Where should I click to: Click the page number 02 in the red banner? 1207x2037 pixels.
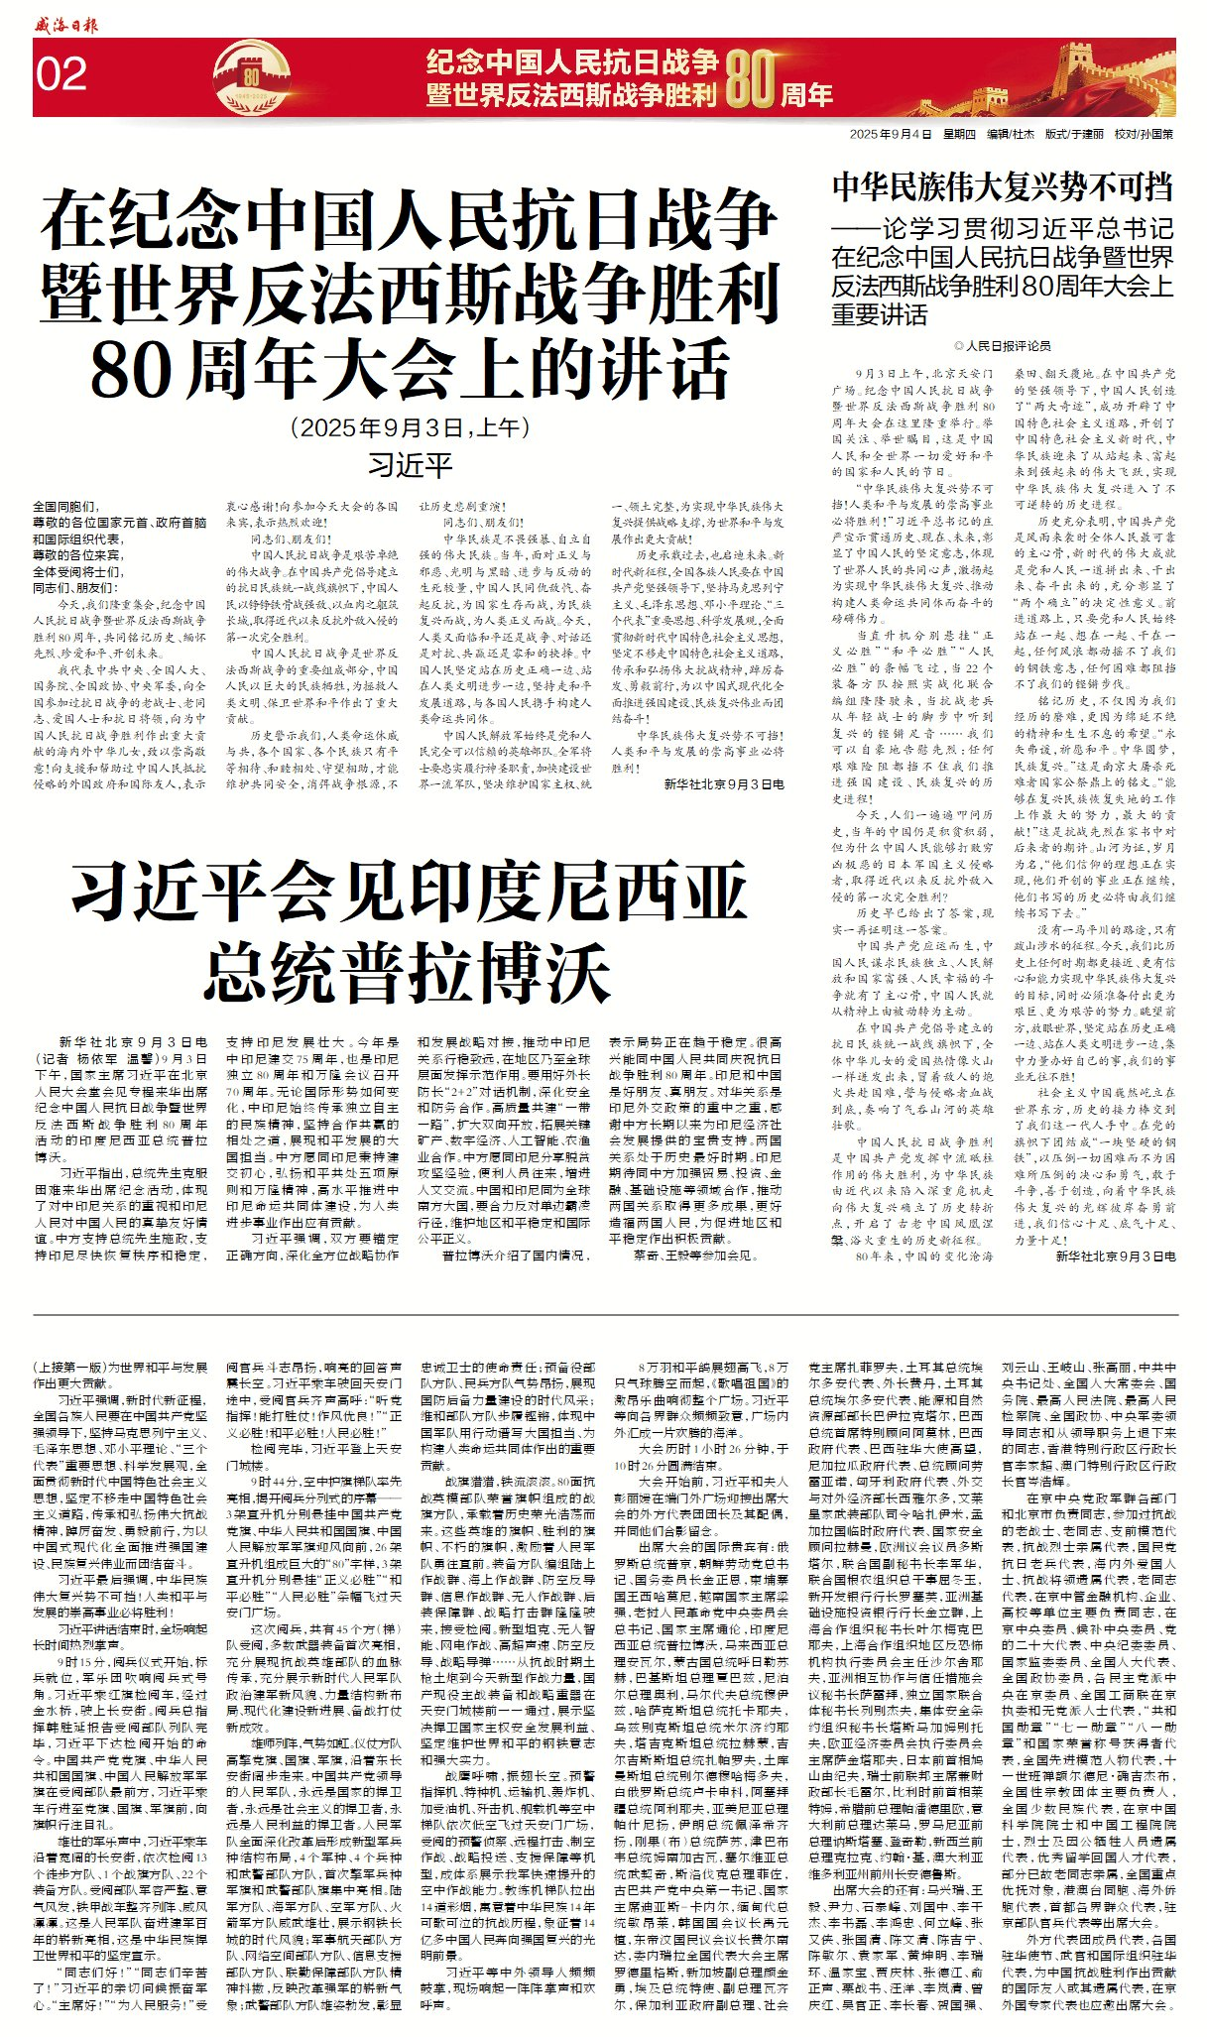[x=61, y=75]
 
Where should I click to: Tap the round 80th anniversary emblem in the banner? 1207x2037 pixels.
[x=252, y=76]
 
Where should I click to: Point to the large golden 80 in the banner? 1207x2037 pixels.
[x=751, y=78]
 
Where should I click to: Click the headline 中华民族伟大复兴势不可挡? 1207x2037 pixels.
[x=1002, y=186]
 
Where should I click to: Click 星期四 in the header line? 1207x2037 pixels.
[x=959, y=134]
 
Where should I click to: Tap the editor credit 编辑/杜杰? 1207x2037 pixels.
[x=1010, y=134]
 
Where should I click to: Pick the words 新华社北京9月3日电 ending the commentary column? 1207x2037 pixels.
[x=1115, y=1256]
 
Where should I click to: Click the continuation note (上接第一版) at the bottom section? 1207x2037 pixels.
[x=72, y=1366]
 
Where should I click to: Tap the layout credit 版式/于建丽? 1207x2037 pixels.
[x=1074, y=134]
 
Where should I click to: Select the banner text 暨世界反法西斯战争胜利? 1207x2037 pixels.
[x=571, y=95]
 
